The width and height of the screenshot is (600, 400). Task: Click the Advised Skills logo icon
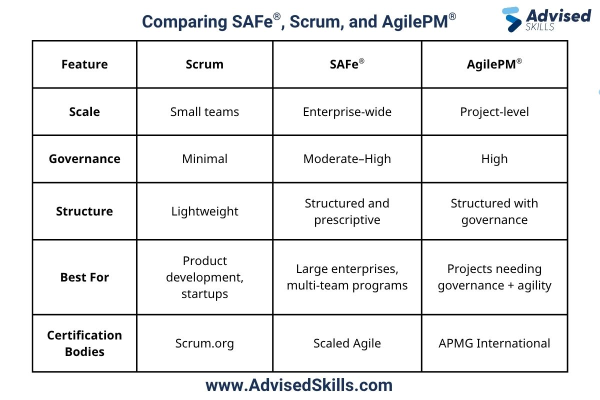512,19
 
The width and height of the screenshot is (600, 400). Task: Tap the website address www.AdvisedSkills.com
299,385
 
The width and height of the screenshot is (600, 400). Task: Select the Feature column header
84,64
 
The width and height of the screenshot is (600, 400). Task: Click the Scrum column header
204,64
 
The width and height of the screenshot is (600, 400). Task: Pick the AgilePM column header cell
494,64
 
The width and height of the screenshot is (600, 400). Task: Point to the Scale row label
84,111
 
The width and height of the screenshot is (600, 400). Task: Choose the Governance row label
84,159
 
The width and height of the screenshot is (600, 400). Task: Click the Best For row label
84,277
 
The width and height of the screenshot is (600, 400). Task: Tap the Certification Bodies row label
84,343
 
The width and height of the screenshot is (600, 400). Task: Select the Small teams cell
204,111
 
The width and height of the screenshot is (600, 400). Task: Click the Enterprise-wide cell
347,111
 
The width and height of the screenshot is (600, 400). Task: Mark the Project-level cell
494,111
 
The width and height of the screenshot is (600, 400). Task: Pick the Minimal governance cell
204,159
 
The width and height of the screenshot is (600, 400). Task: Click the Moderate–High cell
347,159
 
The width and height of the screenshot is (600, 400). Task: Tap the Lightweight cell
204,211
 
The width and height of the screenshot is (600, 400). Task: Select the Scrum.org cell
204,343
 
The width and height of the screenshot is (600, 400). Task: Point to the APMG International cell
494,343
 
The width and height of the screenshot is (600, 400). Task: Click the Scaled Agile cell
347,343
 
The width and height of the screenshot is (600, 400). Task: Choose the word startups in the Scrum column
204,294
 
